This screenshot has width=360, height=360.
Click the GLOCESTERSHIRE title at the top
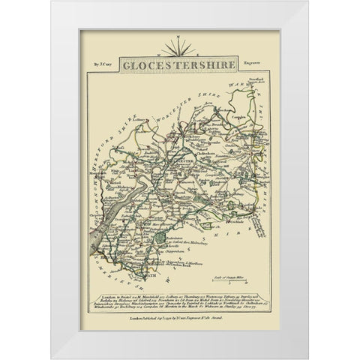coord(180,65)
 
